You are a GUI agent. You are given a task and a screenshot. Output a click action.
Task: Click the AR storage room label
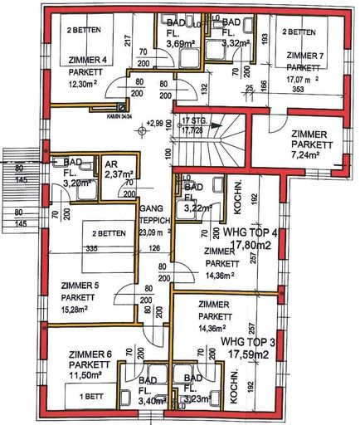click(x=111, y=164)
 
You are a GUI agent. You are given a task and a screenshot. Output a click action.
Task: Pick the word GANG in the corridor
click(x=150, y=213)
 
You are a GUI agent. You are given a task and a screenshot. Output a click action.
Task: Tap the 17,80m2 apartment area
click(x=250, y=246)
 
